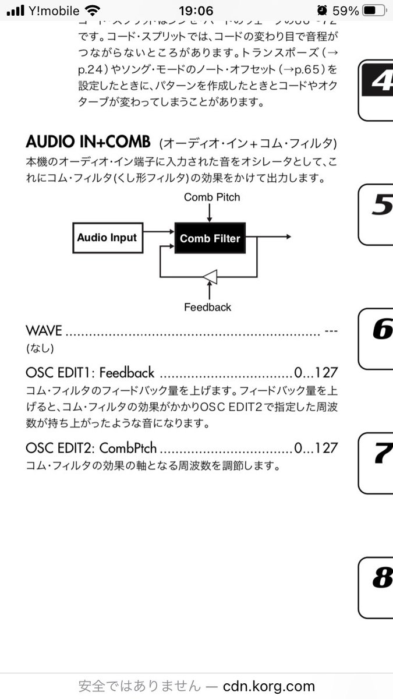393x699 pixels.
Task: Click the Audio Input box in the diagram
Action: click(107, 238)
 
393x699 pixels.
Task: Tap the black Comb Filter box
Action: click(210, 238)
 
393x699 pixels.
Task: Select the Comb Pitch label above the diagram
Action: click(211, 197)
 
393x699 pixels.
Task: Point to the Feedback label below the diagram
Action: click(207, 307)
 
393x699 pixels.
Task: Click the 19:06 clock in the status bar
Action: click(196, 10)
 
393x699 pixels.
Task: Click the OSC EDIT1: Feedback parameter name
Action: click(90, 373)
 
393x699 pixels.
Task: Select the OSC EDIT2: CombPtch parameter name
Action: click(91, 449)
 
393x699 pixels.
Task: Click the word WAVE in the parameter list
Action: click(44, 331)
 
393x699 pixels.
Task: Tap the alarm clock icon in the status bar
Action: click(322, 10)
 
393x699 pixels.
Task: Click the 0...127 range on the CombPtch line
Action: click(316, 449)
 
